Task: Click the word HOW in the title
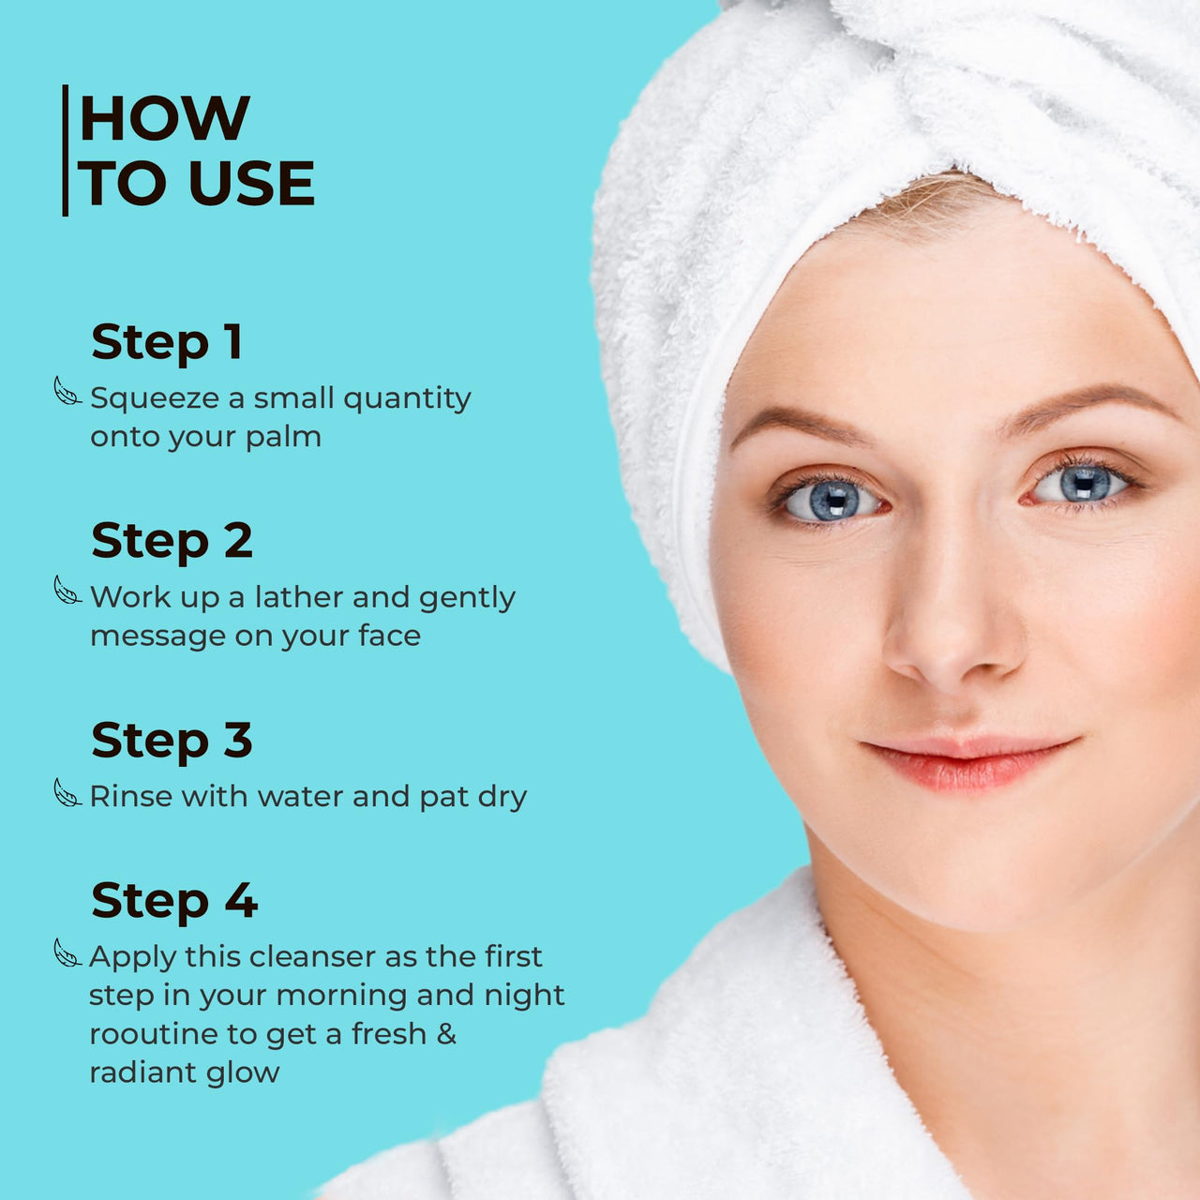point(165,119)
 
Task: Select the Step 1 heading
point(167,342)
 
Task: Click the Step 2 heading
point(172,541)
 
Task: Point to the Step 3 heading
point(172,741)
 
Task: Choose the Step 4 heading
point(173,901)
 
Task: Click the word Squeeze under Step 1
point(155,399)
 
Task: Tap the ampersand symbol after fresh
point(446,1033)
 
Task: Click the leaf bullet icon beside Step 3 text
point(67,793)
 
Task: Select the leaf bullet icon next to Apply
point(67,953)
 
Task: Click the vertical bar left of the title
point(65,150)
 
